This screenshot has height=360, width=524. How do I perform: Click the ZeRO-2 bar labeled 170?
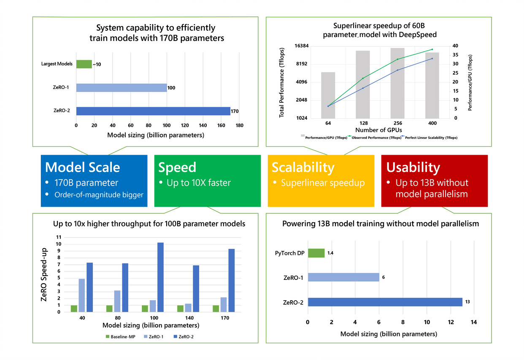pyautogui.click(x=153, y=111)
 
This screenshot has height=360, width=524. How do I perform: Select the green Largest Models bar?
pyautogui.click(x=84, y=64)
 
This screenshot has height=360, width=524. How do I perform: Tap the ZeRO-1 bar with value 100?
pyautogui.click(x=122, y=88)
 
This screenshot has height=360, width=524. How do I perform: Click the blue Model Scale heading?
pyautogui.click(x=82, y=167)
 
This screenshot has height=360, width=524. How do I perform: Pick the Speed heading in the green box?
pyautogui.click(x=177, y=167)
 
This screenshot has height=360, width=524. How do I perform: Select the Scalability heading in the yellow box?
pyautogui.click(x=303, y=167)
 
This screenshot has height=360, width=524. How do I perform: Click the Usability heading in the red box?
pyautogui.click(x=413, y=167)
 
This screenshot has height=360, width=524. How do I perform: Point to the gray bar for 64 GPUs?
pyautogui.click(x=328, y=95)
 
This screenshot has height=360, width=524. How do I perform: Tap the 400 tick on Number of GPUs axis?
pyautogui.click(x=432, y=123)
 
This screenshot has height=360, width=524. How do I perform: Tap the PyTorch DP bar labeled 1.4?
pyautogui.click(x=316, y=253)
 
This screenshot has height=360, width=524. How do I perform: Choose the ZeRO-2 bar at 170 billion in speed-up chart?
pyautogui.click(x=231, y=280)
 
